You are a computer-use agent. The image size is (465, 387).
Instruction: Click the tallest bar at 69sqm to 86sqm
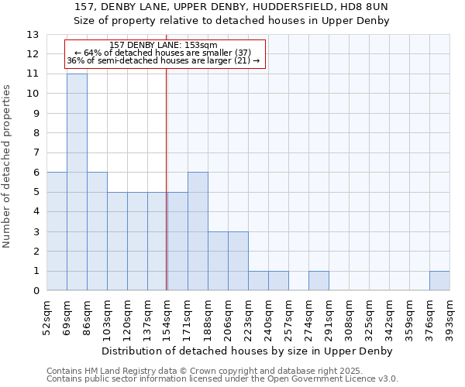tap(77, 182)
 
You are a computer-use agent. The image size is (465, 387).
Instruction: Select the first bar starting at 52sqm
tap(57, 231)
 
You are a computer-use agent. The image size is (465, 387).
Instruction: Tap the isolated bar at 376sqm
tap(439, 281)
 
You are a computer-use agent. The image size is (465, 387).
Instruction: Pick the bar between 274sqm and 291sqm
tap(319, 281)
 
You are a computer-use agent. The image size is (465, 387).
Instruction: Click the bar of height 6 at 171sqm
tap(198, 231)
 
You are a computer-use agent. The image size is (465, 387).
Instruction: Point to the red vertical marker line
tap(167, 193)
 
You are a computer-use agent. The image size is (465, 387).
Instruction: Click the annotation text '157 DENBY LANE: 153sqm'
tap(164, 46)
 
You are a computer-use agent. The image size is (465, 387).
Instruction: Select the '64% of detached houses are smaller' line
tap(164, 53)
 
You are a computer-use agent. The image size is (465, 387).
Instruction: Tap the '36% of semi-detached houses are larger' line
tap(164, 60)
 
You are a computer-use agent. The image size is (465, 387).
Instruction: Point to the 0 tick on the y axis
tap(36, 291)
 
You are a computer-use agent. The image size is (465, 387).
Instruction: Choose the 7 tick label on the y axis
tap(36, 153)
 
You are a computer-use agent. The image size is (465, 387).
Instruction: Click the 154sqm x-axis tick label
tap(167, 317)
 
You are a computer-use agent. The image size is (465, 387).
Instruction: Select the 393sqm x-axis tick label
tap(449, 317)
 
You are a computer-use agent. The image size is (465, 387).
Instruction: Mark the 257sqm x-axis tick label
tap(288, 317)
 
